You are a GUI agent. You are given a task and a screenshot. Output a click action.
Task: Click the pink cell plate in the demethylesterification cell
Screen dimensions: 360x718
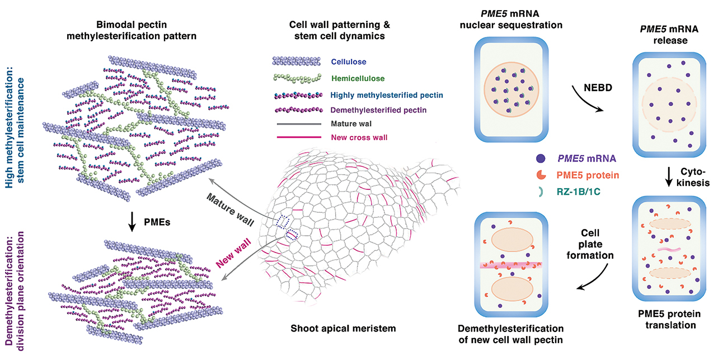[x=511, y=265]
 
